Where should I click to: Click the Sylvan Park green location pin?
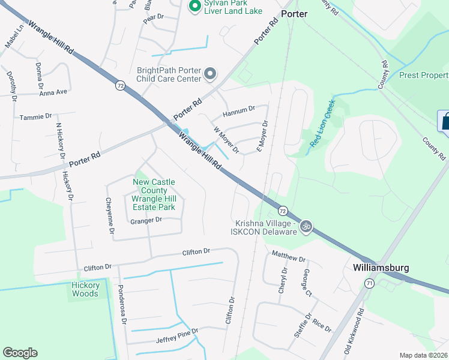(194, 7)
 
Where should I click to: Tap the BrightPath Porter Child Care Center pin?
(210, 74)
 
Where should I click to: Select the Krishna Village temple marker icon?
(306, 226)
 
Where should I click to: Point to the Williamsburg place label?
(378, 266)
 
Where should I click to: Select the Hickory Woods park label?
(85, 289)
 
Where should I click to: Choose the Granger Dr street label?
(146, 220)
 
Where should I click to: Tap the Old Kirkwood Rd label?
(354, 331)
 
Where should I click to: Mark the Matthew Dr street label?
(289, 257)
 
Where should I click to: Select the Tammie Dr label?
(32, 117)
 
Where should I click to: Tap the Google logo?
(20, 353)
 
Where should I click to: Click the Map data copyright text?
(423, 355)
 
